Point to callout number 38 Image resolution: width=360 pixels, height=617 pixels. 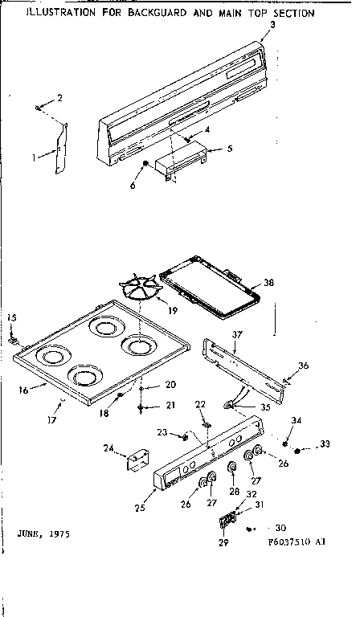(x=268, y=283)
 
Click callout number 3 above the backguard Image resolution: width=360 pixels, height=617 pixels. (x=272, y=25)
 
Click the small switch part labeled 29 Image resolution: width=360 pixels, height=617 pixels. (x=226, y=520)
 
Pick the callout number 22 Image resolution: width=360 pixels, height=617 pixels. (x=201, y=404)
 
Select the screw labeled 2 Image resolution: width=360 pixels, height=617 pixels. (x=39, y=106)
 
